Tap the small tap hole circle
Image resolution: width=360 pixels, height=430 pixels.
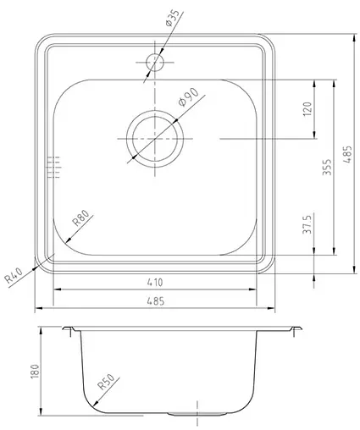155,61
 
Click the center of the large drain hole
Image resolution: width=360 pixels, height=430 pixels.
154,137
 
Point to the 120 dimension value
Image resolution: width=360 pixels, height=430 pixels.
307,107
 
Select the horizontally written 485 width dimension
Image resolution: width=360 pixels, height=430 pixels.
156,300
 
